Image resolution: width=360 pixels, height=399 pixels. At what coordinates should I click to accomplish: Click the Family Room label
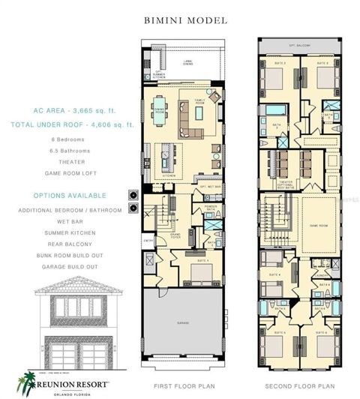(201, 101)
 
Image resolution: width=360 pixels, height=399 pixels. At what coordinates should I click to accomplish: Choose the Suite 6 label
(321, 331)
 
